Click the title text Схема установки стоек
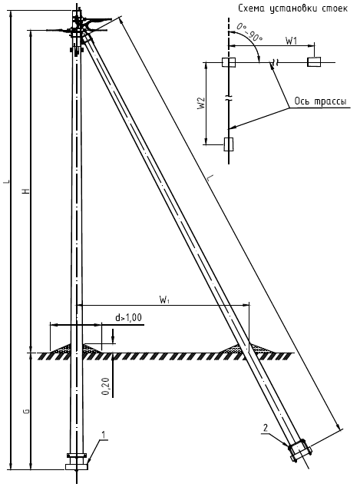click(x=292, y=8)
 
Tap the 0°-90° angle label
click(x=249, y=32)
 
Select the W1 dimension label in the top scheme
click(x=291, y=41)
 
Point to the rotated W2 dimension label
click(x=202, y=103)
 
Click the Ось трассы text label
click(x=320, y=101)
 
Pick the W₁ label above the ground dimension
click(x=164, y=300)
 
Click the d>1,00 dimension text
click(x=128, y=317)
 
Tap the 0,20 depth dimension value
click(x=106, y=386)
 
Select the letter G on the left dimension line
click(x=27, y=411)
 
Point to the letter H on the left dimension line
click(x=27, y=190)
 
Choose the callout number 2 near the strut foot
click(x=266, y=428)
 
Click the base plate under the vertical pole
click(x=77, y=467)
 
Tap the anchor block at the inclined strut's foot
click(x=300, y=451)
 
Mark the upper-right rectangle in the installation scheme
click(x=315, y=62)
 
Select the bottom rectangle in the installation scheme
click(x=229, y=144)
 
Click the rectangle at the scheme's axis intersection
click(x=229, y=62)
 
